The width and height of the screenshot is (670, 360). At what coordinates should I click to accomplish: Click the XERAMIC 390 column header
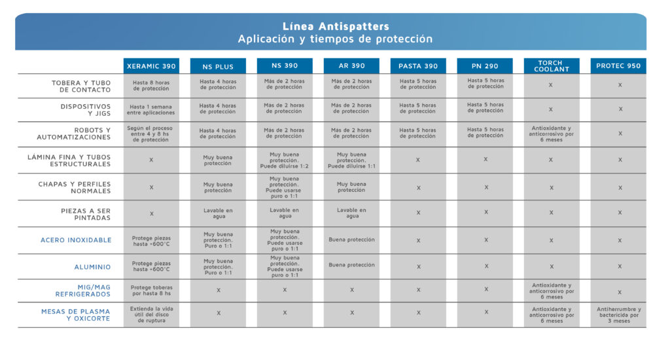151,66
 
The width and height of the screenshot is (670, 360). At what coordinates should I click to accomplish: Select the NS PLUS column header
218,66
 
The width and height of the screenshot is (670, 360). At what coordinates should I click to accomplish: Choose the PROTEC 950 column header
619,66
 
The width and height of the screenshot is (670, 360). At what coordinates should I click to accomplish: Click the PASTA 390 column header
418,66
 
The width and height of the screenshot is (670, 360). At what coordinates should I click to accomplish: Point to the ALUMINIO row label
92,267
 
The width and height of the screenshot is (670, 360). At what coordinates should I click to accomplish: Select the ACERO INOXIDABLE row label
76,240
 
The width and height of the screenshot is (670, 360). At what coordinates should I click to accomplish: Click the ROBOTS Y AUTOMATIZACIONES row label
73,134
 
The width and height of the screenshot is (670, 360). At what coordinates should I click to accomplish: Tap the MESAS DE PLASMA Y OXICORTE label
75,315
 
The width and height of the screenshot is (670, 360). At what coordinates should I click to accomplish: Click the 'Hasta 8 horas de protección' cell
151,86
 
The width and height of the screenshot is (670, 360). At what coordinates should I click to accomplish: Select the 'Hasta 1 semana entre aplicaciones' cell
151,109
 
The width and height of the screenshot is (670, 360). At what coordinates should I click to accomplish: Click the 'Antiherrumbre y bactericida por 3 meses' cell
619,315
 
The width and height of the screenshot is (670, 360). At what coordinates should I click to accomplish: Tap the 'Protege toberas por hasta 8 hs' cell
151,291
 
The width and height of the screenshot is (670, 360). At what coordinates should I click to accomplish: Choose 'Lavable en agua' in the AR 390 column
352,213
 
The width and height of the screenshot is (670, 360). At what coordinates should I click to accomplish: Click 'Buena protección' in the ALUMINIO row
352,265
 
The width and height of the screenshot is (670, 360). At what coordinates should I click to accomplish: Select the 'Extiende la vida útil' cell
151,315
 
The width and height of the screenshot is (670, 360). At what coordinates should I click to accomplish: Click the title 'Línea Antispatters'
335,27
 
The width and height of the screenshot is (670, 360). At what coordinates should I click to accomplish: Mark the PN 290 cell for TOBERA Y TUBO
485,83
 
